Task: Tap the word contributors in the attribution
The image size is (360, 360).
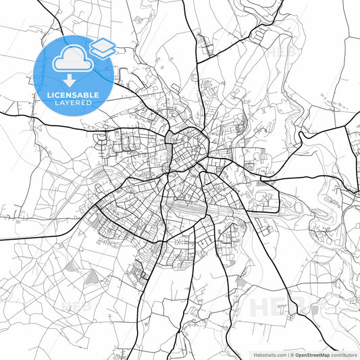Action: pyautogui.click(x=343, y=355)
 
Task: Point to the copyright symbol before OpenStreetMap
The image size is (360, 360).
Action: pyautogui.click(x=292, y=355)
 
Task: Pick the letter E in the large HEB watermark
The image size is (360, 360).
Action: pyautogui.click(x=284, y=307)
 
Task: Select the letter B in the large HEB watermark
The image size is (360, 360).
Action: pyautogui.click(x=305, y=307)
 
